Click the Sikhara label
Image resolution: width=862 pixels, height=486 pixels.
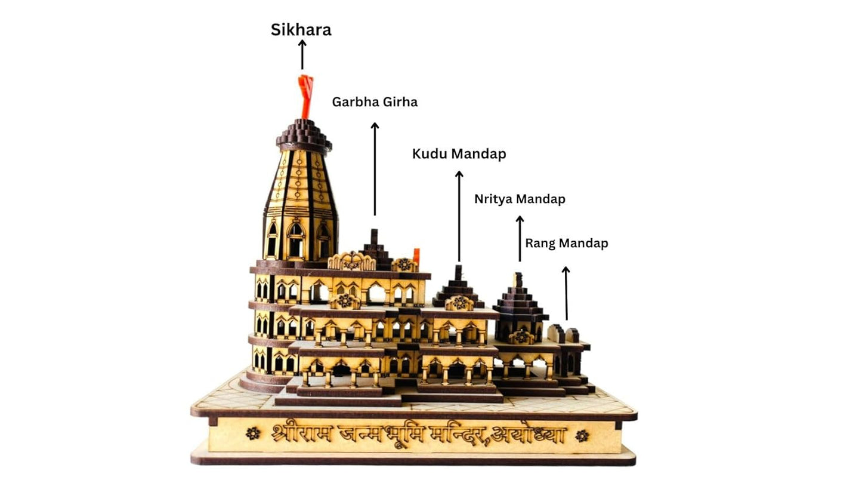[x=301, y=30]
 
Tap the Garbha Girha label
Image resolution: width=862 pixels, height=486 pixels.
[x=375, y=102]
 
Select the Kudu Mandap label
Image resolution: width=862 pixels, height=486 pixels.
[x=459, y=154]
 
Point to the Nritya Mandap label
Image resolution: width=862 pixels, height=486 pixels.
[x=520, y=199]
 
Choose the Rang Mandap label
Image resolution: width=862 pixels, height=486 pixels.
[x=566, y=244]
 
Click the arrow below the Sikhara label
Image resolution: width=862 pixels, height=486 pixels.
[x=302, y=55]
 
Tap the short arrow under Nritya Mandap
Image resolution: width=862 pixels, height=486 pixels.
[x=520, y=239]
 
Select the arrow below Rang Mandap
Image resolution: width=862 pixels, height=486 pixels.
[x=566, y=293]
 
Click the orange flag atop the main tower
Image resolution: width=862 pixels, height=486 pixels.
[x=306, y=96]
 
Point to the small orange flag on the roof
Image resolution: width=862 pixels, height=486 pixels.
[x=416, y=255]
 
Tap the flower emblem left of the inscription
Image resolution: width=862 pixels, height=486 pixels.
[x=252, y=433]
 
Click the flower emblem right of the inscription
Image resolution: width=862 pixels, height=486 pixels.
[x=582, y=435]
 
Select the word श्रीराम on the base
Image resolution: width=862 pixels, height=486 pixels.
[x=300, y=433]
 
